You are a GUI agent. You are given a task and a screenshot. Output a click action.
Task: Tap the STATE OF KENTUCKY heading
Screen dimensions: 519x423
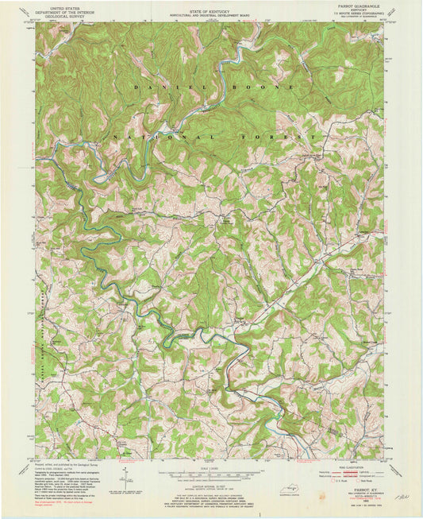coord(210,6)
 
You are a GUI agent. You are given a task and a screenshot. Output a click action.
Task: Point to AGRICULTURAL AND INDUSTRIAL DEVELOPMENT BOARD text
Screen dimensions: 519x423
coord(210,10)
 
